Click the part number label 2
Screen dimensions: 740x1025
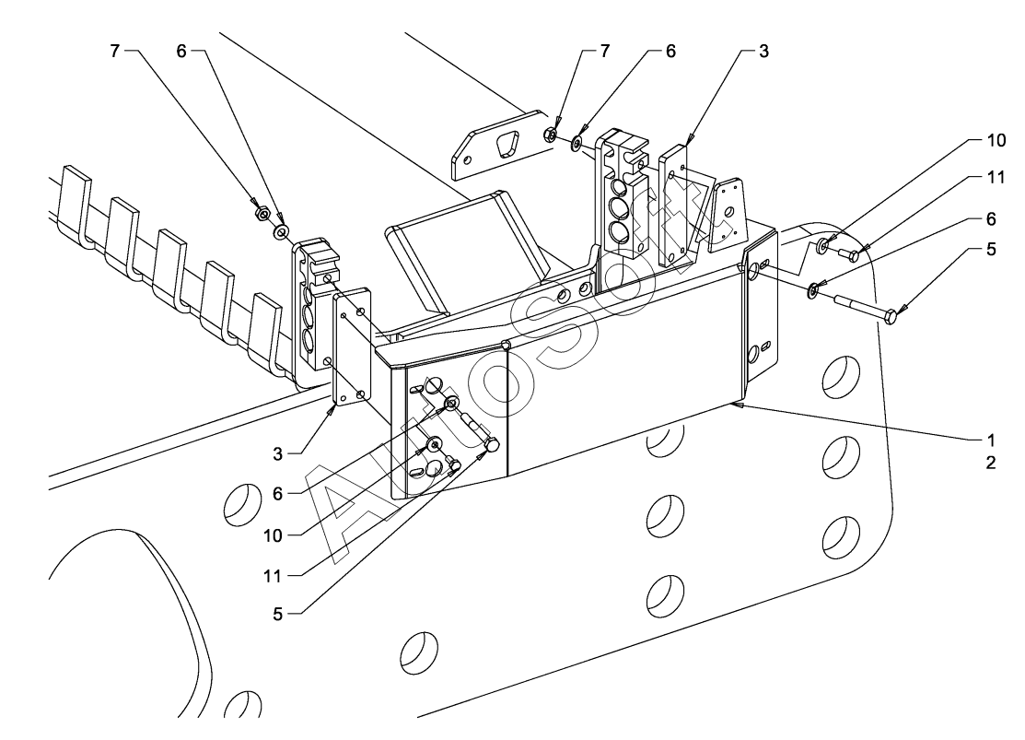pos(990,464)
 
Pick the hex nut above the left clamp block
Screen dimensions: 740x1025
pos(262,214)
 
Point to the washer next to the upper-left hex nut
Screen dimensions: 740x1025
pos(281,229)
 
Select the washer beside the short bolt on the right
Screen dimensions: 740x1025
pos(822,245)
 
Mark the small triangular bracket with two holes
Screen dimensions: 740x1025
pos(729,212)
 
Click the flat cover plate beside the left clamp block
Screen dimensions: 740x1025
pos(351,347)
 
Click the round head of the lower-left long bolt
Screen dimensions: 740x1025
pos(491,445)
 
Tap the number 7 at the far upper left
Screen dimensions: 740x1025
pos(115,52)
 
